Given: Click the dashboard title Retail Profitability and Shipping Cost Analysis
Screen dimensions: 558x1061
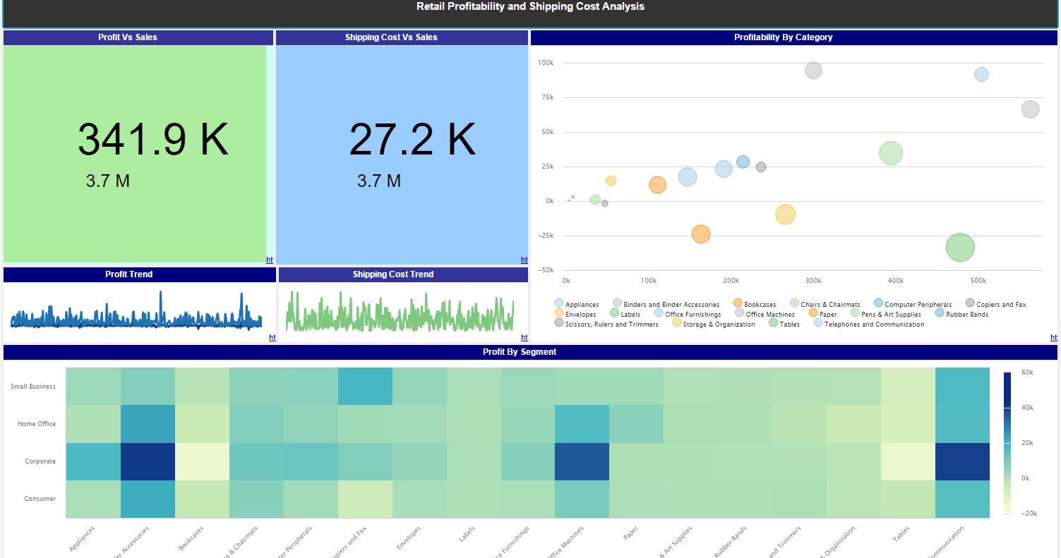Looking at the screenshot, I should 530,7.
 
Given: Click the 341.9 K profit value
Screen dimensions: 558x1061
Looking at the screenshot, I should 153,139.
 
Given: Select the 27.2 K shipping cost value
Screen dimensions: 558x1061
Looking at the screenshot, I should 412,139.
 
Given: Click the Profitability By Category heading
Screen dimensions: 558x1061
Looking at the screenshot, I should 793,37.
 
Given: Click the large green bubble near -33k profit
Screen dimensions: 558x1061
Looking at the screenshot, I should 960,247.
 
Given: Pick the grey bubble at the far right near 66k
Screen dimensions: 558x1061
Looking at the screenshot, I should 1030,109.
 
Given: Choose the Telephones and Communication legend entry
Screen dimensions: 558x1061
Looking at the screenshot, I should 874,325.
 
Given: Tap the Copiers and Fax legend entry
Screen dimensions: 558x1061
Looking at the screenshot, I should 1000,305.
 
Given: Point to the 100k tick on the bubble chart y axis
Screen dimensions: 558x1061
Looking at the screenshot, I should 546,63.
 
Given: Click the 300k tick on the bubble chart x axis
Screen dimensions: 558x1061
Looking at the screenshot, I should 813,281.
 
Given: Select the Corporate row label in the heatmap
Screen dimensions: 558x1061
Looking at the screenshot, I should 40,461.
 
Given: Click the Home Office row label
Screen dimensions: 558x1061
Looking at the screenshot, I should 37,424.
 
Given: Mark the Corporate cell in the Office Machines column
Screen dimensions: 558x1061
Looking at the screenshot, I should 582,461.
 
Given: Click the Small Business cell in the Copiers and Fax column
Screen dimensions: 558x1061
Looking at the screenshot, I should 365,387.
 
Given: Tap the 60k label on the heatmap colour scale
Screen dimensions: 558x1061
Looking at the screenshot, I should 1028,372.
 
